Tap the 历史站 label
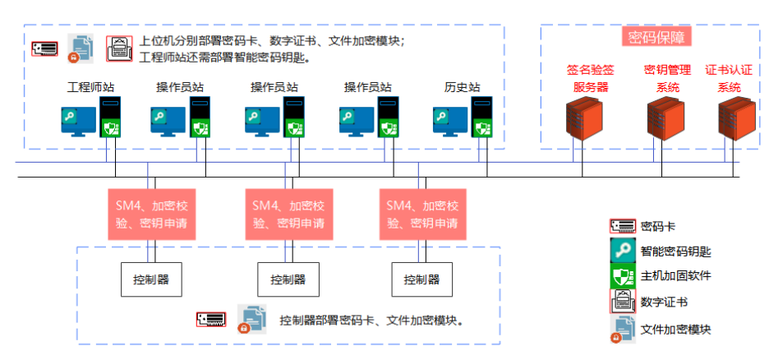[462, 86]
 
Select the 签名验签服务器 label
[590, 79]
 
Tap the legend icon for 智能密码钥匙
[623, 251]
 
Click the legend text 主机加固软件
[675, 275]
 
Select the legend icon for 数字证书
[623, 302]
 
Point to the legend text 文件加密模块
[675, 329]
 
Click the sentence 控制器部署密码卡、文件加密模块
[372, 320]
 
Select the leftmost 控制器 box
[151, 279]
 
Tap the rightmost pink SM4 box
[422, 215]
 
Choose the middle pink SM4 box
[288, 215]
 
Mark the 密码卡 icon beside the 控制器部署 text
[210, 317]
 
